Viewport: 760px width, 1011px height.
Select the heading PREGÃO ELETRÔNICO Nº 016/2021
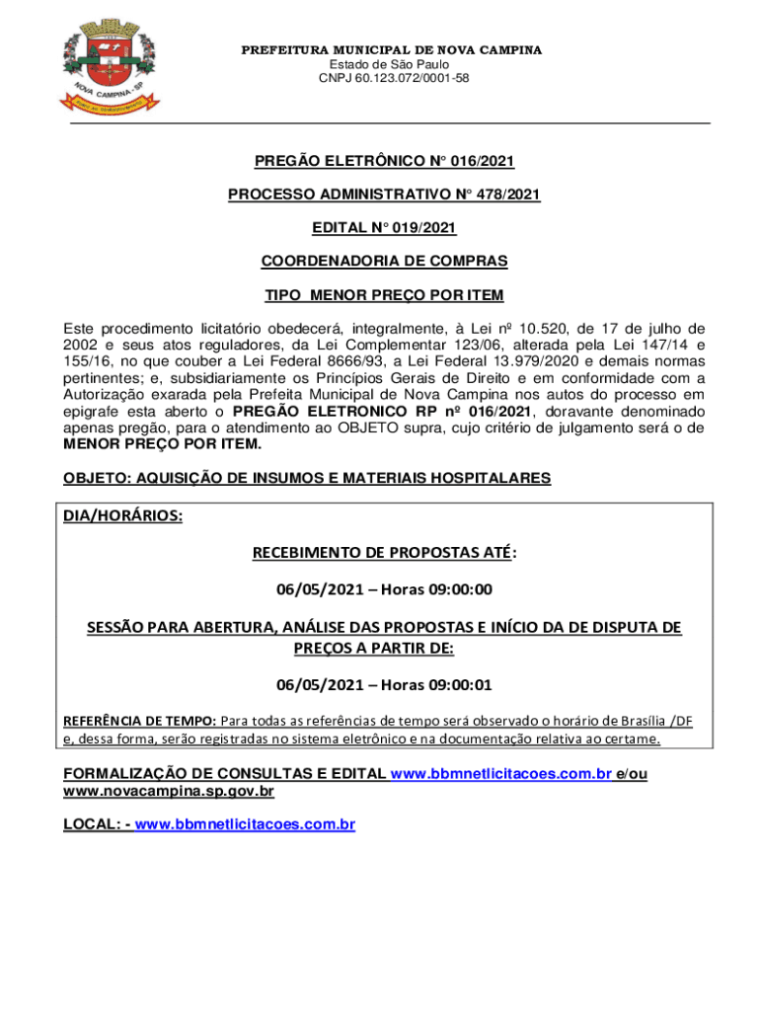click(384, 161)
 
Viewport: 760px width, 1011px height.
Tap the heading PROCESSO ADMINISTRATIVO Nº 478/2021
click(384, 194)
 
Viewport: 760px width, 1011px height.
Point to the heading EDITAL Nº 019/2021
click(384, 228)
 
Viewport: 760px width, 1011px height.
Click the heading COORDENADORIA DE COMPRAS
click(384, 262)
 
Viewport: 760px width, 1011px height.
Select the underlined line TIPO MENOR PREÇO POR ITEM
click(384, 295)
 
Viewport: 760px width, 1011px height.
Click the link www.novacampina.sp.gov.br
click(169, 791)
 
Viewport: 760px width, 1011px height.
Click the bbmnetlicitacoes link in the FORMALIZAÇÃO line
click(501, 774)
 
